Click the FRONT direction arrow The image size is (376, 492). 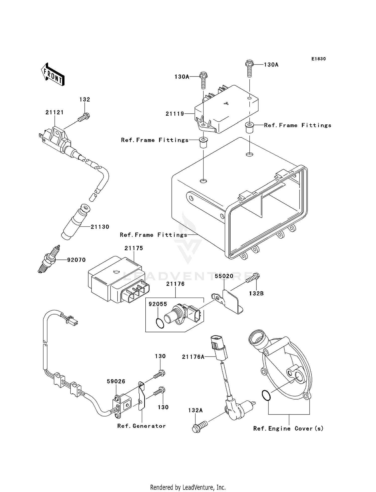pos(53,75)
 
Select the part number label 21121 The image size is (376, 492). pos(54,112)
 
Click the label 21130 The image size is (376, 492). pos(100,227)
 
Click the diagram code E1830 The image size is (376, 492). pos(319,59)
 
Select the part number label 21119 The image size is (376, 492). pos(175,114)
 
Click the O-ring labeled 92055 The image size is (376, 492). pos(160,323)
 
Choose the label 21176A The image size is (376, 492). pos(193,357)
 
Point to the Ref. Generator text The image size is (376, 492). pos(141,426)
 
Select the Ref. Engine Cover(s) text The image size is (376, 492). pos(288,428)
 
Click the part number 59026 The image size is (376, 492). pos(116,381)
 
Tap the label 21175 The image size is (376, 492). pos(134,248)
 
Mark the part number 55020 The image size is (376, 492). pos(224,276)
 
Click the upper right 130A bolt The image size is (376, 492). pos(249,66)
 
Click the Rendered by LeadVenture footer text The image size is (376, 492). pos(188,487)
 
